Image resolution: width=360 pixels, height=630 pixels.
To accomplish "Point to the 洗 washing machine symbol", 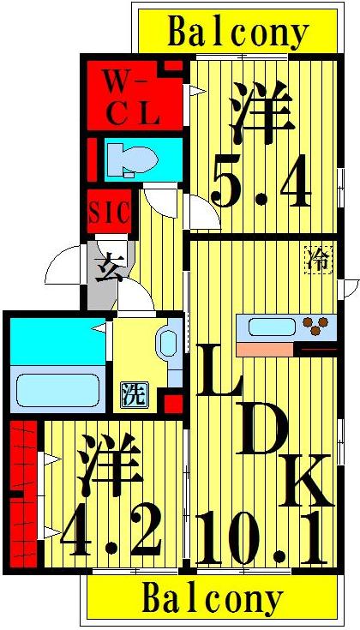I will click(133, 394).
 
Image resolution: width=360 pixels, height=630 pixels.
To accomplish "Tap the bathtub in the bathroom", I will click(57, 386).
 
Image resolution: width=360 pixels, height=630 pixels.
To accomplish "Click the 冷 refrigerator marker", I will click(319, 261).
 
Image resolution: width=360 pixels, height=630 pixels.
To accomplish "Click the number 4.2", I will click(111, 531).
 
